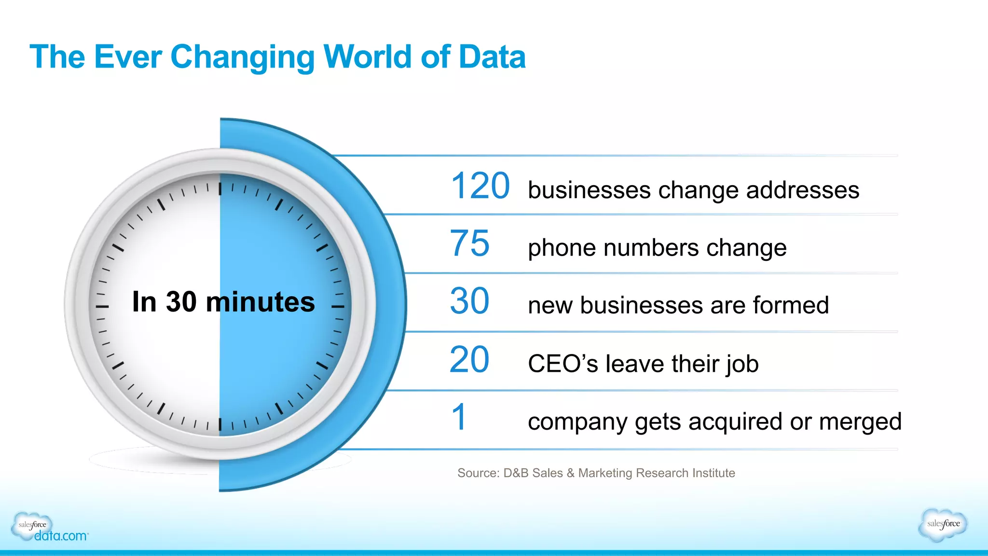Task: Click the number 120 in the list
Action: [x=480, y=186]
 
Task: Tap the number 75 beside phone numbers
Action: [x=469, y=244]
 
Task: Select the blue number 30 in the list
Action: [x=469, y=301]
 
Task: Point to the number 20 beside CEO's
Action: [x=469, y=360]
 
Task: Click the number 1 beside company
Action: [x=459, y=418]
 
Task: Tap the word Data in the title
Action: [x=492, y=57]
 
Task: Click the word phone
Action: [x=562, y=249]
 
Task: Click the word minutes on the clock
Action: [x=260, y=302]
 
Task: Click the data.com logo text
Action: [x=61, y=536]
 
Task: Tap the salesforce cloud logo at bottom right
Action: [x=943, y=524]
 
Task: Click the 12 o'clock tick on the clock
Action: [x=220, y=189]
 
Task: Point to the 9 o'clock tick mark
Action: [x=102, y=307]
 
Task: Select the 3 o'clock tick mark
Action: [x=338, y=307]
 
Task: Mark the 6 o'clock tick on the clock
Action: [x=220, y=424]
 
